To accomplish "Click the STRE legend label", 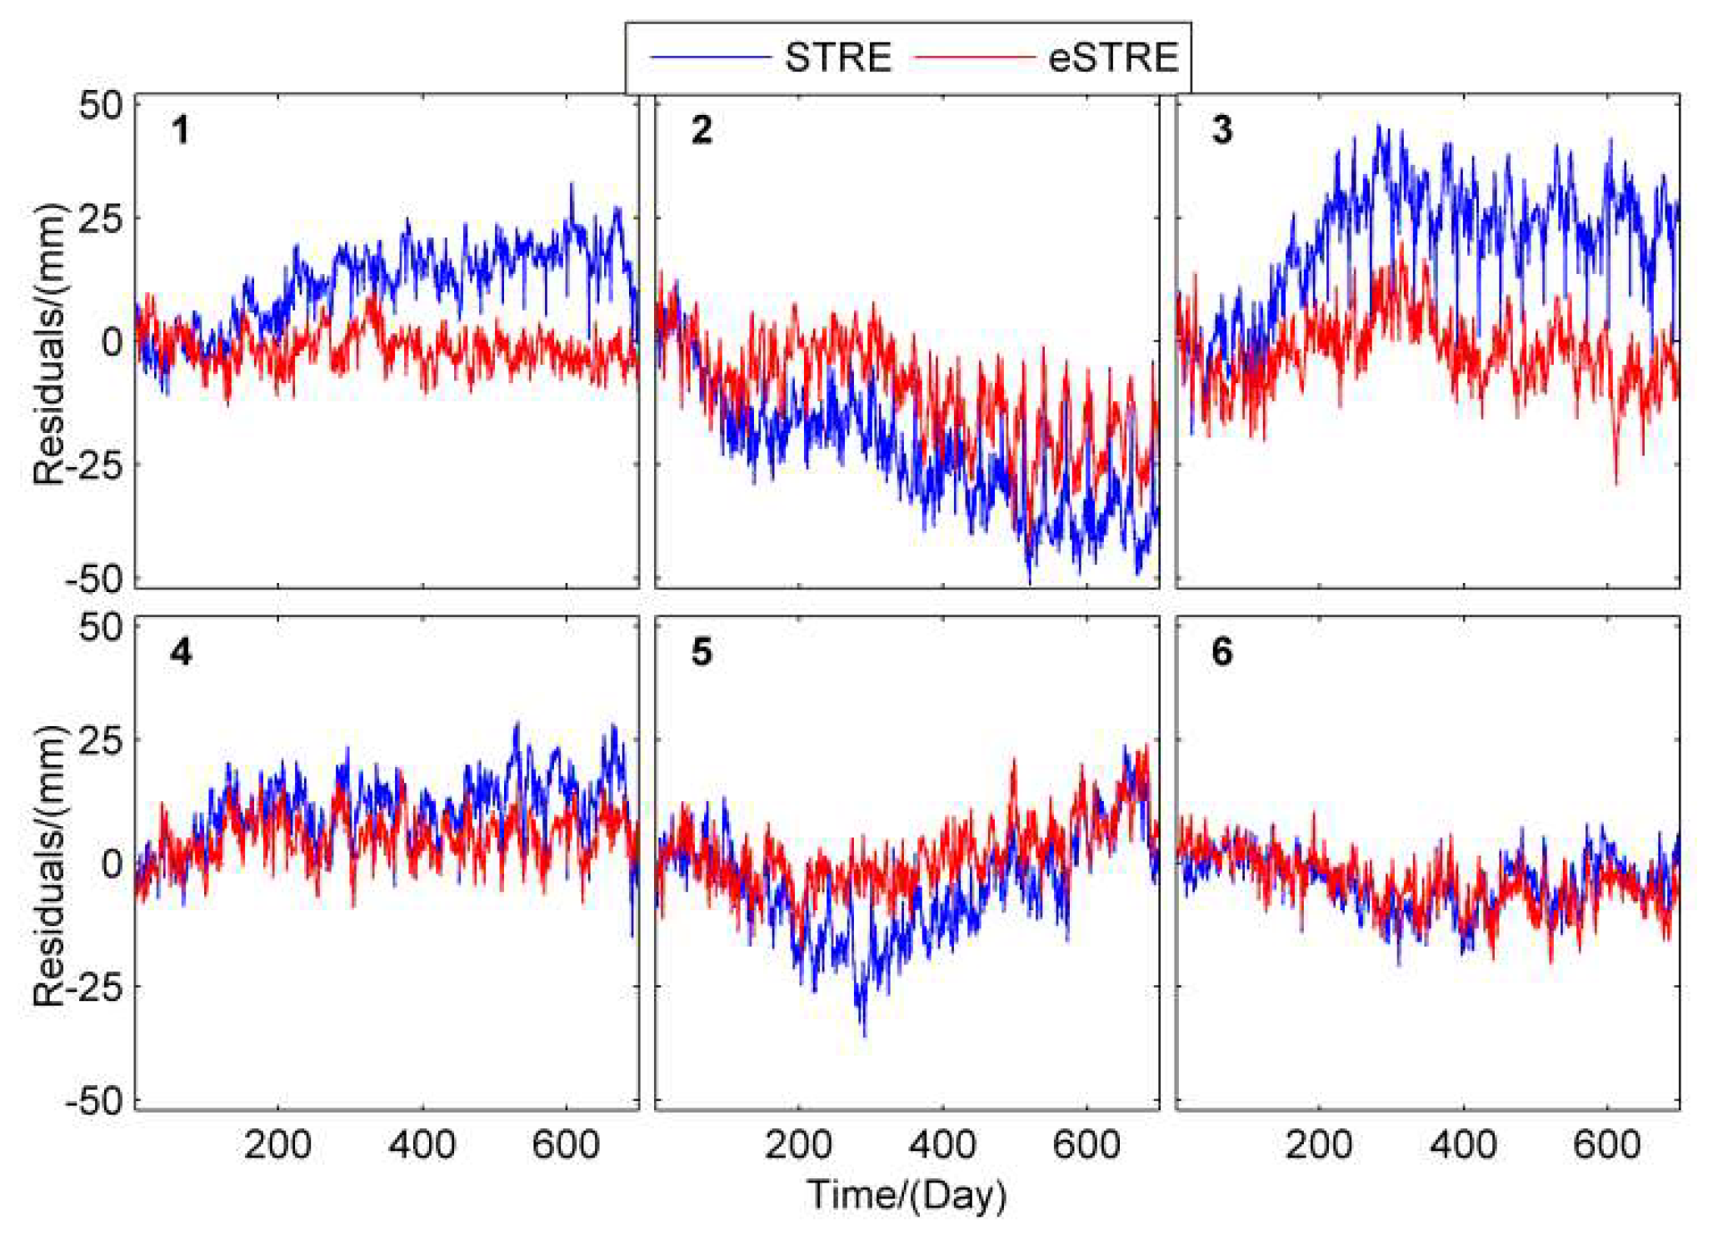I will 837,57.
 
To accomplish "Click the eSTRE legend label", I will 1113,57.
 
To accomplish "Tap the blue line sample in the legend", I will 709,57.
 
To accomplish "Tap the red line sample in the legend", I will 975,57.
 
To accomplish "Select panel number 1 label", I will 180,131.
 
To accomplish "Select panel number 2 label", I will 702,131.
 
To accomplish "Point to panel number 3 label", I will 1221,131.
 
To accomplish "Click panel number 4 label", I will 181,652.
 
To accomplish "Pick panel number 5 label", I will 702,652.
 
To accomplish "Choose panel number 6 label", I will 1221,652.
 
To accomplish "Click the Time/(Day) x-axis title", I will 906,1194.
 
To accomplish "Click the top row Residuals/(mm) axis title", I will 48,343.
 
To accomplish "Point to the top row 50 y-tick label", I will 100,106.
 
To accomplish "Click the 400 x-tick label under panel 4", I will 422,1145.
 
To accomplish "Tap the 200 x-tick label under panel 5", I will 798,1145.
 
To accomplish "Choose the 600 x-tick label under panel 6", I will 1606,1145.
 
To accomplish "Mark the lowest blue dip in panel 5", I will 864,1035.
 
